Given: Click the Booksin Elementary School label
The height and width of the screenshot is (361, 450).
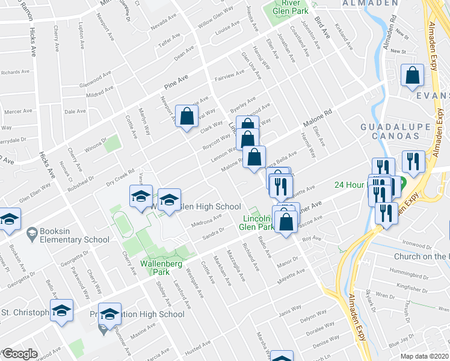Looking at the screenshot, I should (x=67, y=235).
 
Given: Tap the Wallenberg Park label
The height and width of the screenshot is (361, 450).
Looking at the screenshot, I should (x=161, y=267).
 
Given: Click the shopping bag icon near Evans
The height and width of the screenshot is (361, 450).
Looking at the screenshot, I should (x=413, y=76).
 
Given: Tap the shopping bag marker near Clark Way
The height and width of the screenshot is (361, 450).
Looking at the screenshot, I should (x=186, y=116).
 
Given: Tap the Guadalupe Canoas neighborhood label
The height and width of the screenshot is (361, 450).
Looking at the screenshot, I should (x=395, y=132).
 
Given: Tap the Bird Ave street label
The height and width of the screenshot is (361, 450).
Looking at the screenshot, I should (x=323, y=26).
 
